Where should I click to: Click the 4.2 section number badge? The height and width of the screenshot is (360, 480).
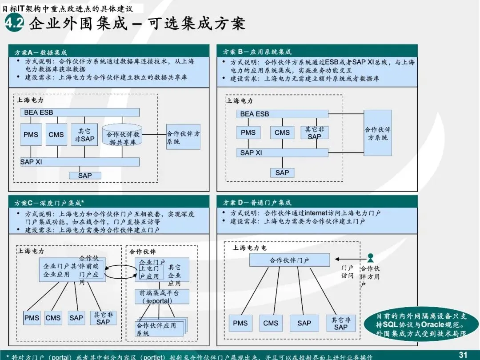(x=14, y=24)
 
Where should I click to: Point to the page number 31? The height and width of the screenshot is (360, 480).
(x=463, y=354)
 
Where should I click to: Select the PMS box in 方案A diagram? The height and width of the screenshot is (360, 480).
(x=31, y=134)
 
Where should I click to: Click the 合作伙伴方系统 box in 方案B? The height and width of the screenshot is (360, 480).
(x=378, y=133)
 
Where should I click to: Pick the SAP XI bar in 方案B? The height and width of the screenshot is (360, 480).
(x=282, y=152)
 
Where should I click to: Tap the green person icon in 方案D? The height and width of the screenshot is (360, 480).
(x=370, y=258)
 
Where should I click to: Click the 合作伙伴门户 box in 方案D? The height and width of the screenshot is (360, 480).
(x=289, y=260)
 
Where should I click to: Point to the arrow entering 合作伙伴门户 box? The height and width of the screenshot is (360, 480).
(x=349, y=259)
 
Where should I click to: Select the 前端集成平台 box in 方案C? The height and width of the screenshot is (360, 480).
(x=162, y=296)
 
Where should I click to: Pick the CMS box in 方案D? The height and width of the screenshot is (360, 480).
(x=271, y=323)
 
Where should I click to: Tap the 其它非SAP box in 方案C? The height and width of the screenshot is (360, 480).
(x=103, y=318)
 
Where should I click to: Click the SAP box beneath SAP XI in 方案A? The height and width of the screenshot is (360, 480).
(x=85, y=176)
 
